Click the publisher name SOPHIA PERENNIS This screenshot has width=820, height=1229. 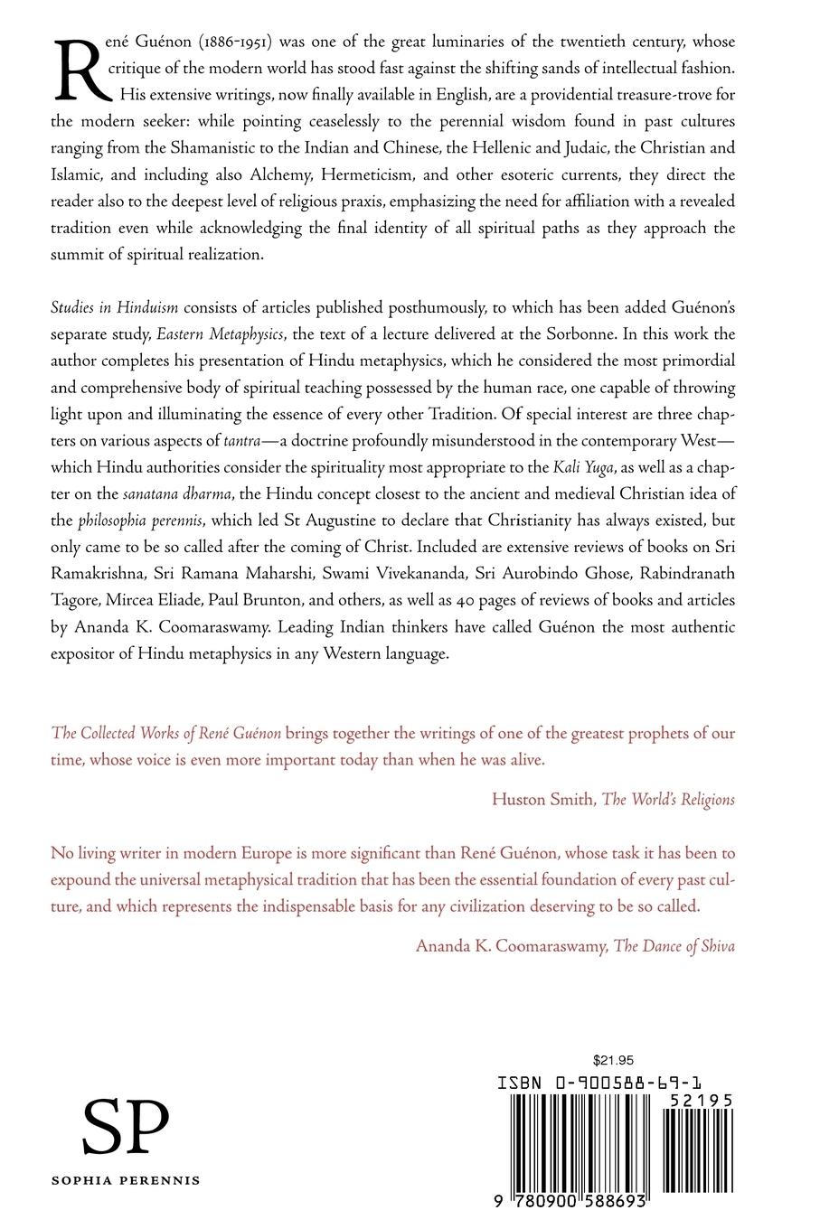click(126, 1180)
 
